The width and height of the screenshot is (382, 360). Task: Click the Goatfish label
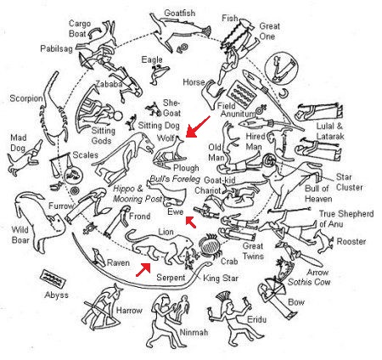click(x=180, y=13)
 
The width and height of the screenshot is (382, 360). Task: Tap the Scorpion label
click(x=26, y=98)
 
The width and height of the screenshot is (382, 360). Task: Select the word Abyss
click(x=57, y=295)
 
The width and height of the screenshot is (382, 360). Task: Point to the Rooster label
click(x=351, y=241)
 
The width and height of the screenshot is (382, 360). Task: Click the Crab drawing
click(x=210, y=245)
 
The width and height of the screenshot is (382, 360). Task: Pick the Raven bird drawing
click(x=99, y=256)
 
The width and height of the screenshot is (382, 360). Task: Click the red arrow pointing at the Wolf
click(x=198, y=127)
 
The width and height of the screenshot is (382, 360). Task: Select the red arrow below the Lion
click(x=143, y=269)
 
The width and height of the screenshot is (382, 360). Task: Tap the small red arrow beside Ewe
click(x=191, y=222)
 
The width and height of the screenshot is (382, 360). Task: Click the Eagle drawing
click(x=160, y=74)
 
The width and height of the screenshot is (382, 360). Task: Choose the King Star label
click(x=221, y=278)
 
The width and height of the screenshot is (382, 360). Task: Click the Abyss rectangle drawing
click(x=53, y=278)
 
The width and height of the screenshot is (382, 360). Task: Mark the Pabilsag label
click(x=57, y=48)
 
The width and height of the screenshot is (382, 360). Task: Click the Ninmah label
click(x=194, y=332)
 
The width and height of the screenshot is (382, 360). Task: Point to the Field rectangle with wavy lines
click(x=240, y=94)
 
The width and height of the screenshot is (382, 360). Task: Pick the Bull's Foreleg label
click(x=175, y=179)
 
